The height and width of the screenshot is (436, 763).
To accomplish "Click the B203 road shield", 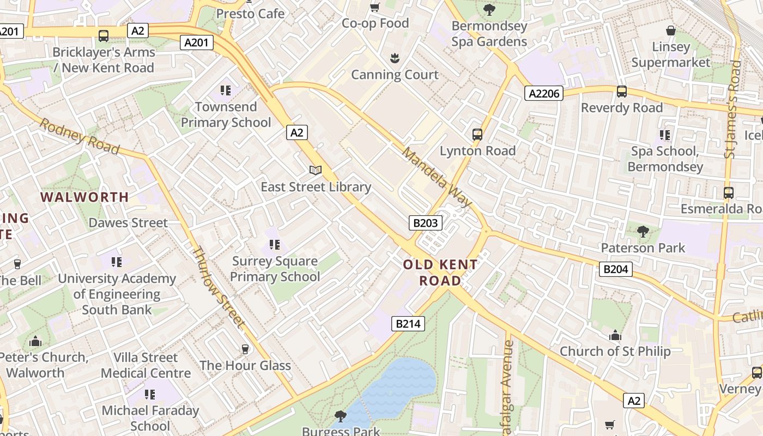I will tap(426, 222).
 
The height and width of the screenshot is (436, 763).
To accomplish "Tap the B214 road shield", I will tap(408, 324).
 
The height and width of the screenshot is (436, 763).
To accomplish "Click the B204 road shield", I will tap(616, 269).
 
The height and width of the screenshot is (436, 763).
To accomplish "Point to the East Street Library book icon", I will tap(316, 171).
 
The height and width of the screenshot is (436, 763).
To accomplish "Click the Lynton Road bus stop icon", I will tap(477, 134).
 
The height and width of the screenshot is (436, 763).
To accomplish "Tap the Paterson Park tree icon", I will tap(643, 232).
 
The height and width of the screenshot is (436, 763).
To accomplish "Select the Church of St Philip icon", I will tap(615, 335).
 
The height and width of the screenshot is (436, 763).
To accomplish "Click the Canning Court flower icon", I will tap(394, 58).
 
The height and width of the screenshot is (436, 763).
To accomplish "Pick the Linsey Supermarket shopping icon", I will tap(671, 31).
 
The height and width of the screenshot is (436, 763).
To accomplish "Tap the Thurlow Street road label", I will tap(217, 287).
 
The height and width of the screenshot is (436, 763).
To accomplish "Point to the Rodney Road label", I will tap(79, 136).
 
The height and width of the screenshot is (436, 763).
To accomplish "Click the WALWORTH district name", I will tap(84, 197).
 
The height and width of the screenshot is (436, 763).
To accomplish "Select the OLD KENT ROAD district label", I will tap(440, 273).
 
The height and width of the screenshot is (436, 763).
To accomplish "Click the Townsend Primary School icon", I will tap(226, 90).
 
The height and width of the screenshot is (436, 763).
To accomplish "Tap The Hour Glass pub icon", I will tap(245, 349).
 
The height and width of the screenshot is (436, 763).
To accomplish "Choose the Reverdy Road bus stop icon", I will tap(621, 92).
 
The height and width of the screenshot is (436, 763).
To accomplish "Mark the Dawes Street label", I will tap(128, 223).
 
